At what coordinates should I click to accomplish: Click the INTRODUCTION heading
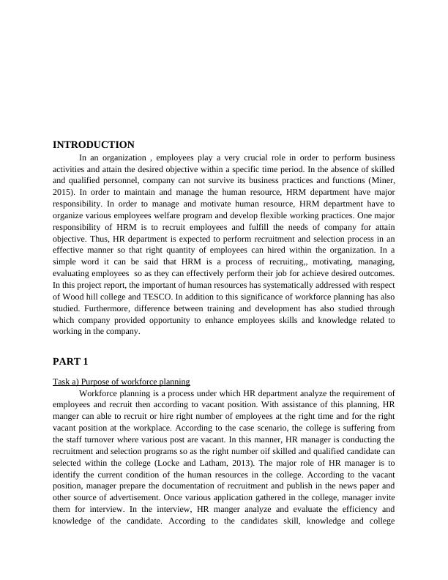94,145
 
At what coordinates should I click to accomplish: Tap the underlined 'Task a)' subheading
122,382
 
